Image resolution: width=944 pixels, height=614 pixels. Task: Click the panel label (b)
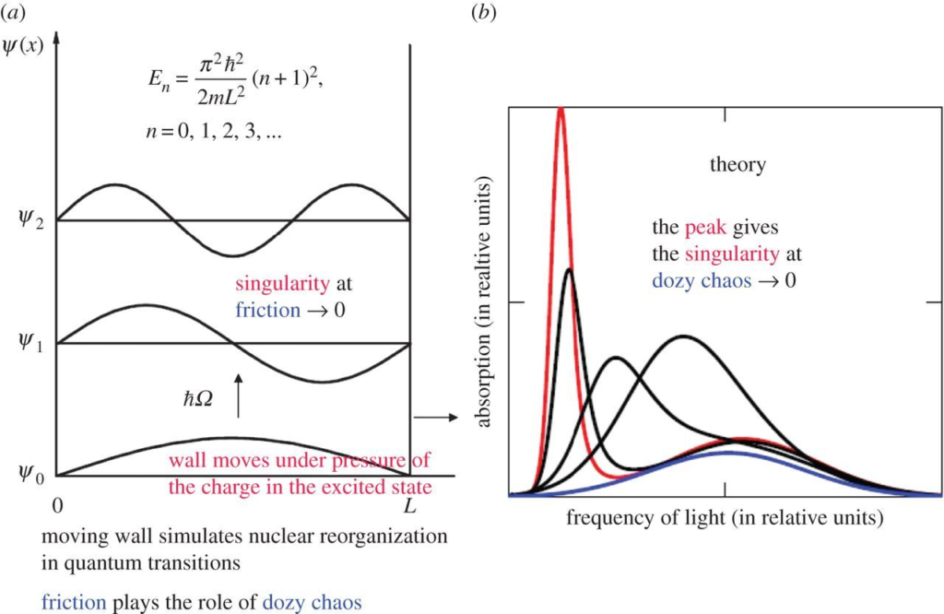[486, 13]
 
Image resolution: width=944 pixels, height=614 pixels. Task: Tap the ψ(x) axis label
[22, 44]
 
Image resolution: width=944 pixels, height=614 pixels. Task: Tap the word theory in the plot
[738, 166]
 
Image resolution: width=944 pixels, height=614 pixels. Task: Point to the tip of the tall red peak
[560, 110]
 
